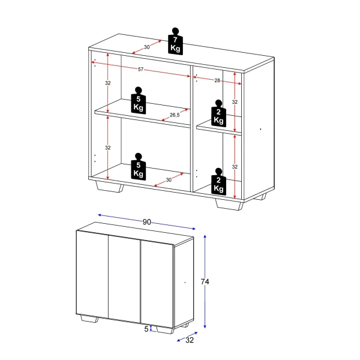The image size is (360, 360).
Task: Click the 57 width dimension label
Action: coord(140,70)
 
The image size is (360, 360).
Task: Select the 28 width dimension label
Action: coord(217,80)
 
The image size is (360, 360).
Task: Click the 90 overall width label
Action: coord(146,221)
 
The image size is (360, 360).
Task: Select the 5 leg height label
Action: coord(146,328)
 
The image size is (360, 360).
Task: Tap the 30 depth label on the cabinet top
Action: coord(146,47)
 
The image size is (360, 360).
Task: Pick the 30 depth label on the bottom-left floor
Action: coord(169,179)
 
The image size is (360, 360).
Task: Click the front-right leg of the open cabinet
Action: coord(228,204)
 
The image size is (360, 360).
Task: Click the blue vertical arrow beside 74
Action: coord(206,282)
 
